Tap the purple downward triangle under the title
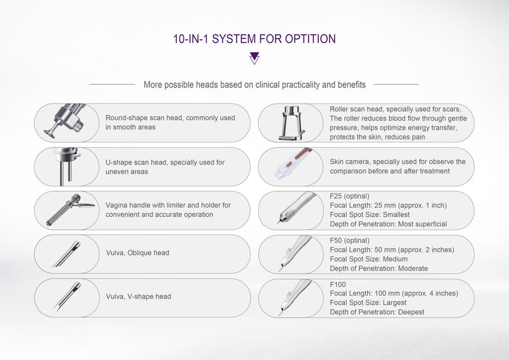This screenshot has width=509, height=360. tap(254, 59)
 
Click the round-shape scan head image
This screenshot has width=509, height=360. tap(66, 120)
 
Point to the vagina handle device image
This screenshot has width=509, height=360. tap(66, 210)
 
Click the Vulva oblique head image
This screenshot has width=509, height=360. tap(66, 253)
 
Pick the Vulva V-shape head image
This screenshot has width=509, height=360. tap(66, 296)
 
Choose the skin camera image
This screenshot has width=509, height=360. tap(289, 166)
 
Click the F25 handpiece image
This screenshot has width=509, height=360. tap(291, 210)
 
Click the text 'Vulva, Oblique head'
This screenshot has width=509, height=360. tap(137, 253)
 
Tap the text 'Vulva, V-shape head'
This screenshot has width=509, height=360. tap(139, 296)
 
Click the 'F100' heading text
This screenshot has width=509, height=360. tap(338, 284)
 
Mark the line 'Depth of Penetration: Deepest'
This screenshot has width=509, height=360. tap(377, 312)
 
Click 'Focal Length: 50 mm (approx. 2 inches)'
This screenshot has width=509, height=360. tap(392, 250)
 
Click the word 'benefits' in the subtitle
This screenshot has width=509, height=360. tap(351, 84)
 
